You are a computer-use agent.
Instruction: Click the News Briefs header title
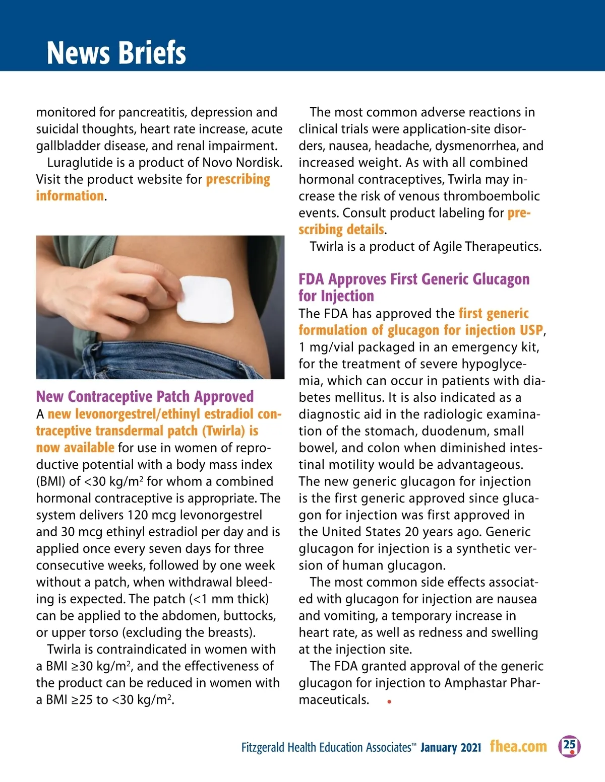click(116, 52)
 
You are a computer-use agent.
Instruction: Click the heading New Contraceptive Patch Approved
click(145, 397)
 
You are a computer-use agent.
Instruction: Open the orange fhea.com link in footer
click(518, 746)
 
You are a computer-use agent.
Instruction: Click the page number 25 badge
click(569, 746)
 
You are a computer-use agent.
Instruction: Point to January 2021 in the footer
click(451, 747)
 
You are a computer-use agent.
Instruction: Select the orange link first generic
click(494, 313)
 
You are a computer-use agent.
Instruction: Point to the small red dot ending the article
click(389, 701)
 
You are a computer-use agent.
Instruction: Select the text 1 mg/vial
click(328, 347)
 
